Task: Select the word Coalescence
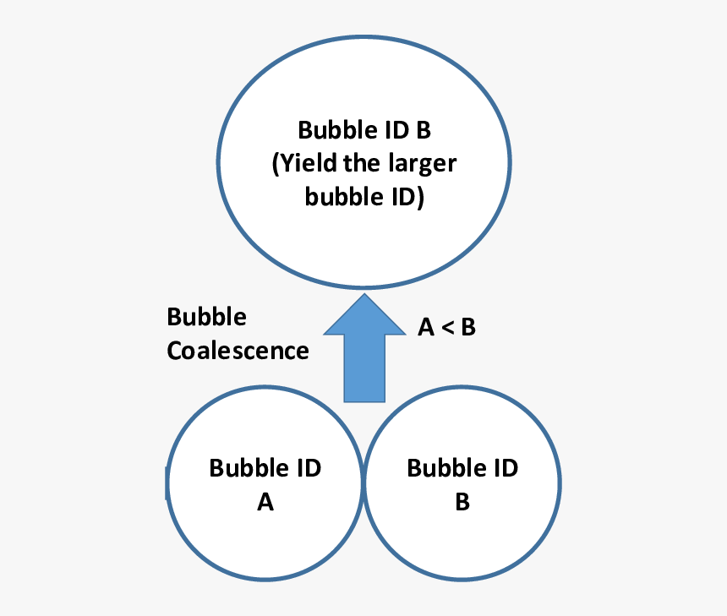coord(238,350)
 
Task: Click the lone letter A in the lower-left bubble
coord(265,503)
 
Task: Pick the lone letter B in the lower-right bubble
coord(462,503)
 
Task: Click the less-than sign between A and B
coord(446,328)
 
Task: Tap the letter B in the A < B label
coord(467,328)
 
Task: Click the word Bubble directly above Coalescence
coord(207,317)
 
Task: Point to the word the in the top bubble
coord(361,164)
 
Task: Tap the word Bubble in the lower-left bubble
coord(248,467)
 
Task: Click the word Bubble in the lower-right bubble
coord(445,467)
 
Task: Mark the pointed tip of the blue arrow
coord(364,297)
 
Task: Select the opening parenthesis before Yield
coord(276,165)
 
